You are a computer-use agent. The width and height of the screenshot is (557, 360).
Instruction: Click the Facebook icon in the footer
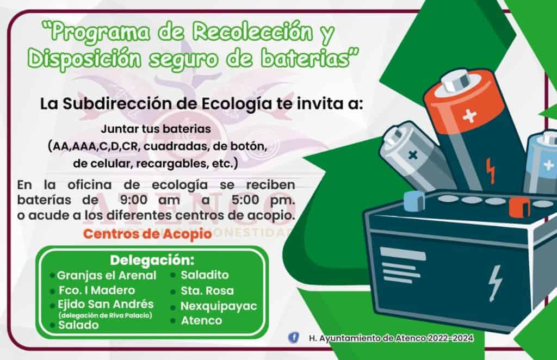[x=293, y=337]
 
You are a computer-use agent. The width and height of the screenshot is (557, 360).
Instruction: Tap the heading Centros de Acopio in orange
[x=147, y=234]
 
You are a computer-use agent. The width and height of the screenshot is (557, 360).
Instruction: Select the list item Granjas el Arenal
[x=106, y=276]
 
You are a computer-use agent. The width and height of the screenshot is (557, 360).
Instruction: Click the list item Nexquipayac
[x=219, y=306]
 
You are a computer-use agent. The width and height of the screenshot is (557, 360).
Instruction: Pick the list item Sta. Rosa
[x=207, y=291]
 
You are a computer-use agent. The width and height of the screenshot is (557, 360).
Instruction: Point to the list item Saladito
[x=205, y=275]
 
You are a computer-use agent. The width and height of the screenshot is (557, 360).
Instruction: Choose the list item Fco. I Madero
[x=97, y=290]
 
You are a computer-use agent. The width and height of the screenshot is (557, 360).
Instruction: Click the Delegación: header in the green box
[x=152, y=260]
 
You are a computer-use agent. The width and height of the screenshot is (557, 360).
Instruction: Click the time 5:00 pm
[x=263, y=200]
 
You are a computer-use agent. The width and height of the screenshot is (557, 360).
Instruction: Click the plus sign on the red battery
[x=469, y=116]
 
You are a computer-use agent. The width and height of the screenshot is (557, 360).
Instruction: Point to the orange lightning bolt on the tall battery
[x=491, y=171]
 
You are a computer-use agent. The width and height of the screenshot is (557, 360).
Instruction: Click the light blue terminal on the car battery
[x=414, y=201]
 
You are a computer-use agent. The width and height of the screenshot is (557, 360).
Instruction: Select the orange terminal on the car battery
[x=519, y=208]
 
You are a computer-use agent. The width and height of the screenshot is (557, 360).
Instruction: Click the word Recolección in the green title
[x=252, y=32]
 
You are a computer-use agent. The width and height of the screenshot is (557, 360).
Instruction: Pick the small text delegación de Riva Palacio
[x=105, y=315]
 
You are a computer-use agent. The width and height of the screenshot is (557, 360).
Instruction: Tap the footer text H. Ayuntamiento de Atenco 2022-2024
[x=391, y=338]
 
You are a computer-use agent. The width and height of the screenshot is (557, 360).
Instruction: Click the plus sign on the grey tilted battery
[x=412, y=155]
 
